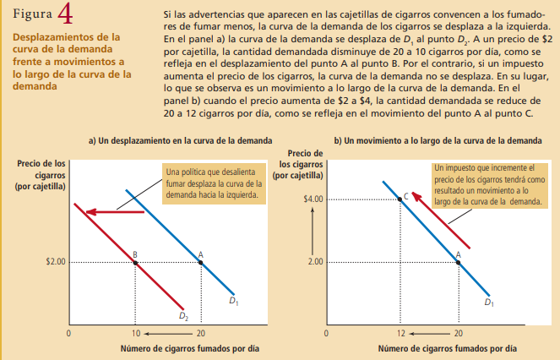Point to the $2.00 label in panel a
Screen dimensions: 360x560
click(55, 262)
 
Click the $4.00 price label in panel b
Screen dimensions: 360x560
click(313, 199)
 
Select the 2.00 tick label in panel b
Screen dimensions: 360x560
click(316, 262)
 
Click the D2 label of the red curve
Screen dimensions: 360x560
click(182, 317)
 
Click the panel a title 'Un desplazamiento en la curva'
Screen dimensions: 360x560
click(181, 139)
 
